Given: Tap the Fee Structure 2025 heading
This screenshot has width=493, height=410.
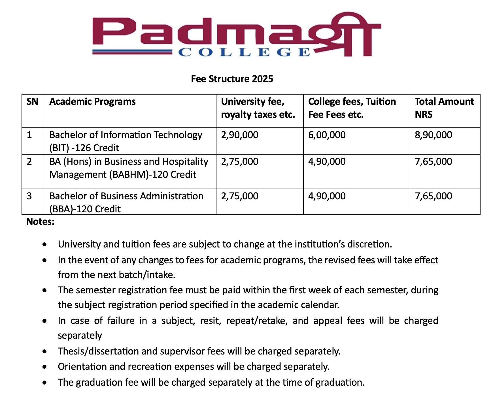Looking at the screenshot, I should pyautogui.click(x=232, y=79).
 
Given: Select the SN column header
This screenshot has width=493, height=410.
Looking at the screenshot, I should pyautogui.click(x=32, y=102).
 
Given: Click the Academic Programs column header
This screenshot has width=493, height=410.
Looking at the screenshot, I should pyautogui.click(x=92, y=102).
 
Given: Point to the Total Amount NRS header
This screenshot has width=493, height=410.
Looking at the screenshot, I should pyautogui.click(x=444, y=108).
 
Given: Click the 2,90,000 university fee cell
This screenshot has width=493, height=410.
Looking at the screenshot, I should pyautogui.click(x=240, y=135).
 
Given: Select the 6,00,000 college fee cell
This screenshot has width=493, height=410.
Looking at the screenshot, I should pyautogui.click(x=327, y=135).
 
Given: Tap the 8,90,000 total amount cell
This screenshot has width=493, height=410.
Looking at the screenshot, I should pyautogui.click(x=433, y=135).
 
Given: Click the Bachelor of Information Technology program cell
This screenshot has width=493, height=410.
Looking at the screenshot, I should pyautogui.click(x=126, y=141).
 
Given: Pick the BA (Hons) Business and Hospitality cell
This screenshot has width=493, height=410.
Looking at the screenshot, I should pyautogui.click(x=129, y=168).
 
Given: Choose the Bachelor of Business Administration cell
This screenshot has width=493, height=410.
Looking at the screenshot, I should pyautogui.click(x=126, y=202).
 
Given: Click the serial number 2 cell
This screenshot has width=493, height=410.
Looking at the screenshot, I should pyautogui.click(x=29, y=162).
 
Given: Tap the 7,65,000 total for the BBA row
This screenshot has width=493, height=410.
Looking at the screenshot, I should pyautogui.click(x=433, y=196).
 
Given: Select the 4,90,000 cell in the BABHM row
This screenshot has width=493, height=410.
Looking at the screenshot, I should pyautogui.click(x=327, y=162).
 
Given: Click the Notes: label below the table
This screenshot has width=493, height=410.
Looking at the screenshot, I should pyautogui.click(x=40, y=221).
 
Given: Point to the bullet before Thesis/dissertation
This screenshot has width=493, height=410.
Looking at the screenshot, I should pyautogui.click(x=44, y=352).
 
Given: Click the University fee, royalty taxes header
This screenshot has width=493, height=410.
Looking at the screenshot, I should pyautogui.click(x=258, y=108).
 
